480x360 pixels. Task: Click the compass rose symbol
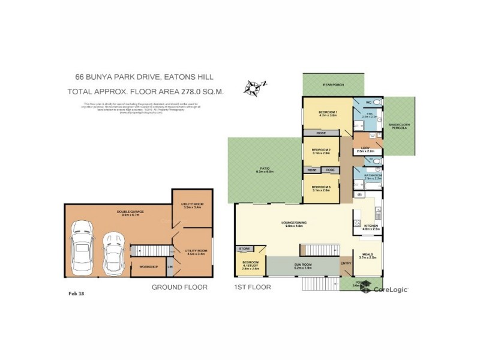click(254, 88)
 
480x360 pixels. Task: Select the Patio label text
click(264, 170)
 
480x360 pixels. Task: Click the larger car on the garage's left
click(81, 245)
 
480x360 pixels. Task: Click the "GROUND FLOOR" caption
click(179, 287)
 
